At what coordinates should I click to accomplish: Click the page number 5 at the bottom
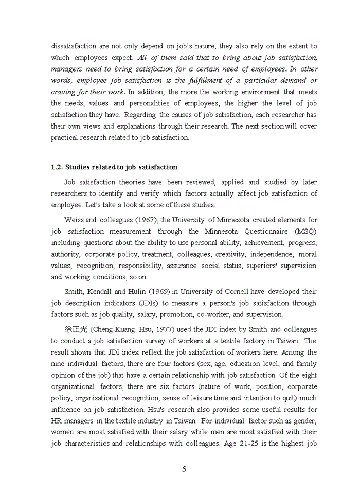pos(184,469)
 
